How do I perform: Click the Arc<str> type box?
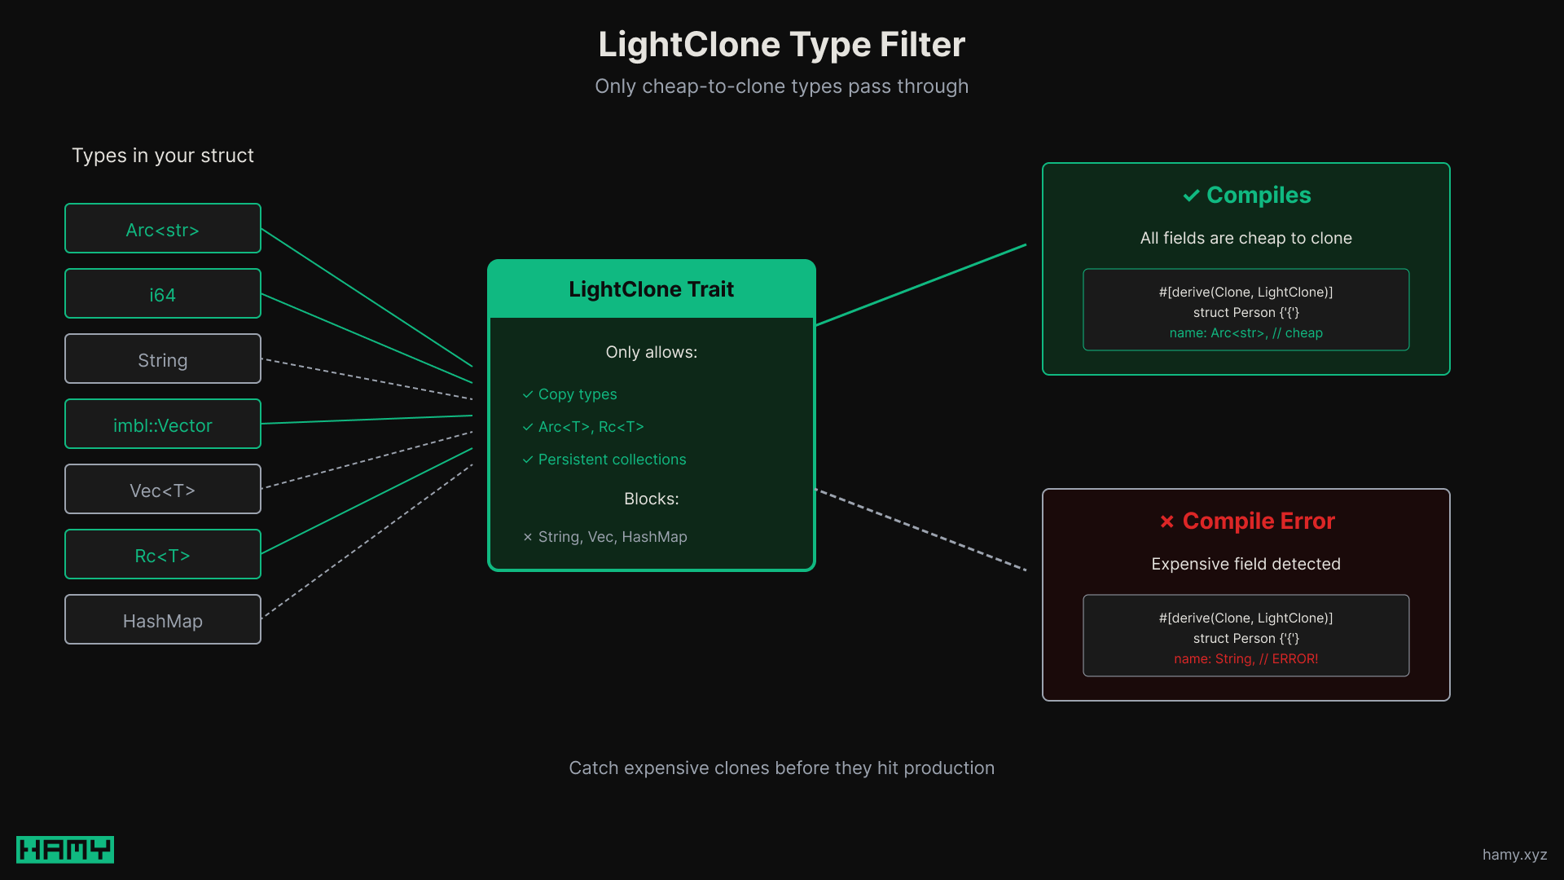[163, 229]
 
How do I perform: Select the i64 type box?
[163, 294]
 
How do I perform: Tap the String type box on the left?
[163, 359]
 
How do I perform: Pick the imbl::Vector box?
[163, 425]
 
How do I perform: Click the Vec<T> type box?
[163, 490]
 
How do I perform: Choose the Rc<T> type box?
[163, 555]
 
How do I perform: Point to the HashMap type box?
[163, 620]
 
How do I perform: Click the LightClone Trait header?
[652, 289]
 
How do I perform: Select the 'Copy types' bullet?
[577, 394]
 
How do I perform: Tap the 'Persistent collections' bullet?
[611, 460]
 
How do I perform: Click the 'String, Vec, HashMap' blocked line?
[612, 537]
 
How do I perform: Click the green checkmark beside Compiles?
[1191, 196]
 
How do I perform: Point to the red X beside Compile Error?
[1166, 521]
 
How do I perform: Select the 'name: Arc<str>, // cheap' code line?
[1245, 333]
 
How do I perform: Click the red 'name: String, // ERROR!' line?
[1245, 659]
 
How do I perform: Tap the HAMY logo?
[65, 850]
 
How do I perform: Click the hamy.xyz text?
[1514, 855]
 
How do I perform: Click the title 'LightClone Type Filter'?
[782, 45]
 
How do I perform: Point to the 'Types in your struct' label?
[163, 156]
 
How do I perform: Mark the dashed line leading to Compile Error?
[920, 530]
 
